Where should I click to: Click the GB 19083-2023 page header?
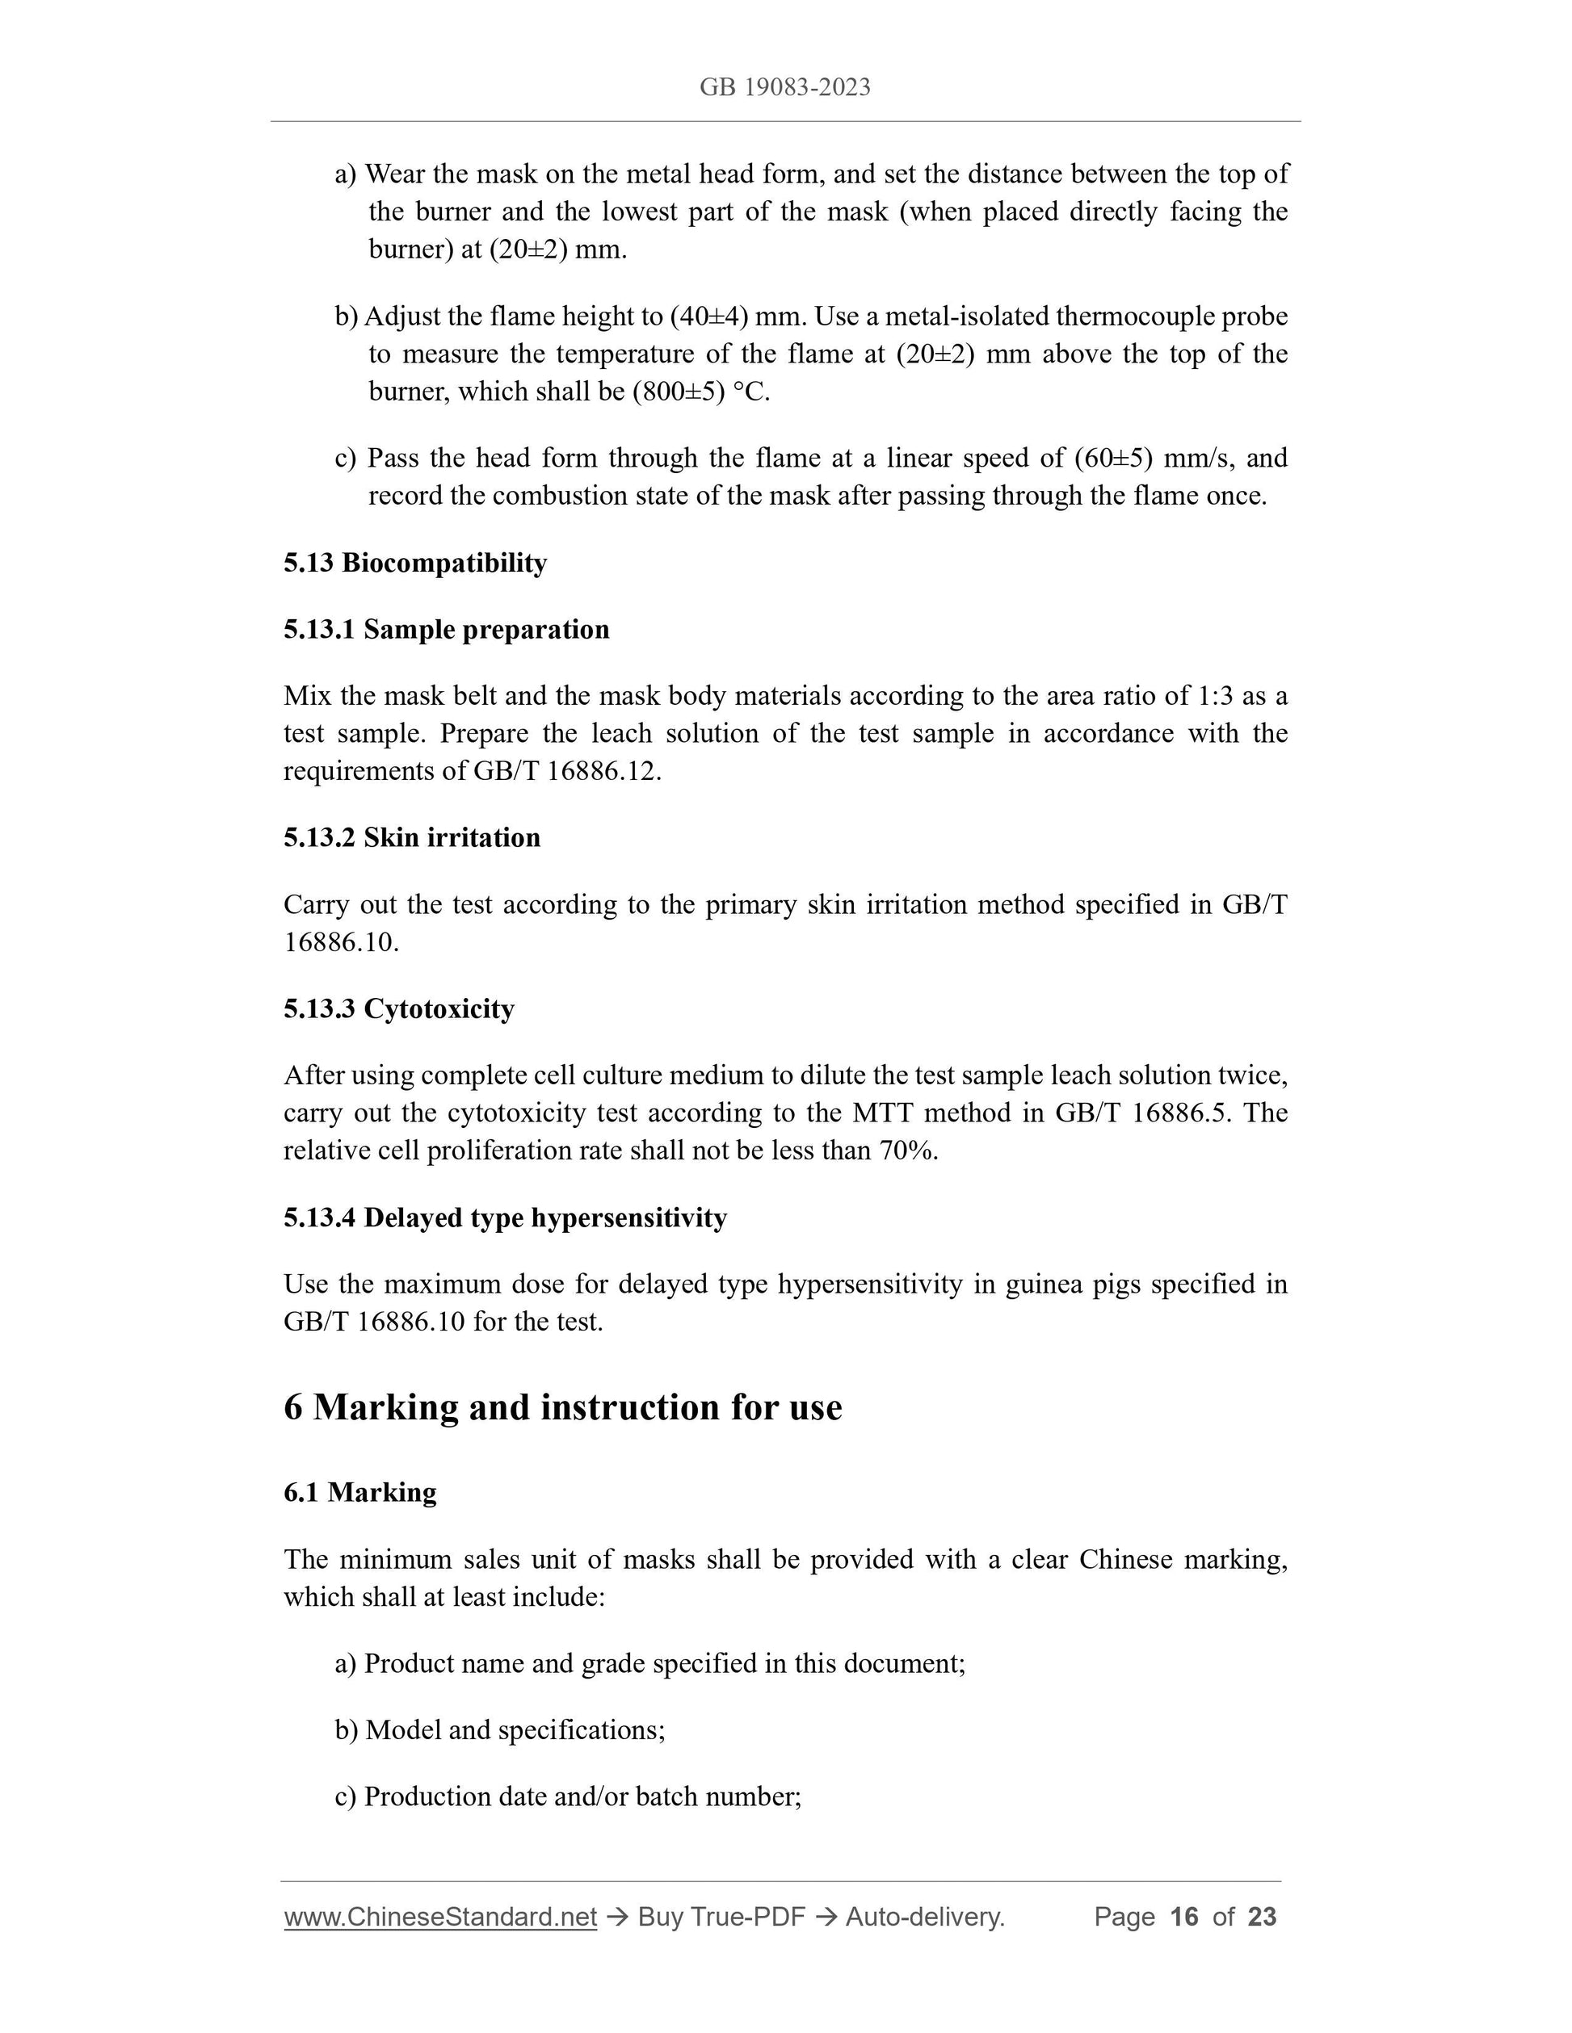(x=785, y=87)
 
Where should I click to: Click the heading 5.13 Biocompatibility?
(x=415, y=564)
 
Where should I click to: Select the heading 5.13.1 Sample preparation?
(x=446, y=631)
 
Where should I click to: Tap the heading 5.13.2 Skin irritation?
(x=412, y=838)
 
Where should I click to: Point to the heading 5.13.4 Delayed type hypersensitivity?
(x=505, y=1218)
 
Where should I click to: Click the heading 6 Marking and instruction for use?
(x=562, y=1406)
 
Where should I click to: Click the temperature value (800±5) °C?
(x=700, y=392)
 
